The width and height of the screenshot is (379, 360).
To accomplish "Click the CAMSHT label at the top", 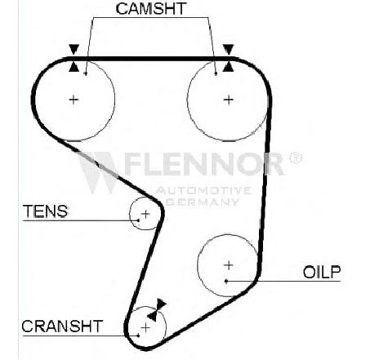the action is click(151, 9).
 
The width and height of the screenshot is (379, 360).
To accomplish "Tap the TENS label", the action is click(46, 211).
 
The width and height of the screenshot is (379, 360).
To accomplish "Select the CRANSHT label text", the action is click(62, 327).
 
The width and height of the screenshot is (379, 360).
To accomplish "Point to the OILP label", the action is click(322, 272).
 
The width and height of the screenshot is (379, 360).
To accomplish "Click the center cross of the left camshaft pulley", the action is click(74, 100).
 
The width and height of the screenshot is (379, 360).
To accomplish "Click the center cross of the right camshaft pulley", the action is click(229, 100).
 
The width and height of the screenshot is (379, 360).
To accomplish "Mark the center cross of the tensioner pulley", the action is click(145, 214).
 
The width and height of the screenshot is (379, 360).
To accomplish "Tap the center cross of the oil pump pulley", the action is click(228, 265).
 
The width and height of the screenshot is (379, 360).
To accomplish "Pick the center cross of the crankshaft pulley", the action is click(146, 327).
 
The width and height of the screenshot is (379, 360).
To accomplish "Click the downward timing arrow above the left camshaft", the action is click(74, 50).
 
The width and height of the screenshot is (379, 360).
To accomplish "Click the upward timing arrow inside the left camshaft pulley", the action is click(74, 67).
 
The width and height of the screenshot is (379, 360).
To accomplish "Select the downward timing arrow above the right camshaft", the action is click(228, 50).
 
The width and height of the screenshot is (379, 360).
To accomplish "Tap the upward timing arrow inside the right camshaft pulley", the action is click(228, 66).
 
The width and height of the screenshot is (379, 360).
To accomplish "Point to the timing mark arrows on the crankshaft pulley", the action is click(157, 310).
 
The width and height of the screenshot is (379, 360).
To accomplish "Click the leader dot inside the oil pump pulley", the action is click(226, 281).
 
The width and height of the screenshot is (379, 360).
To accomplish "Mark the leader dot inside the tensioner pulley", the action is click(138, 220).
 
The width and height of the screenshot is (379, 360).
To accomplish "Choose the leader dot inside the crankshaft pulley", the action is click(138, 336).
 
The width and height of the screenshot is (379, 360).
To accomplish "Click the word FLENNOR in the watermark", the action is click(204, 164).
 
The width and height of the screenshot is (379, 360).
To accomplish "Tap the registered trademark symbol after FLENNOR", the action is click(295, 158).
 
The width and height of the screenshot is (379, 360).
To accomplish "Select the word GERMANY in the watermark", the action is click(203, 202).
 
